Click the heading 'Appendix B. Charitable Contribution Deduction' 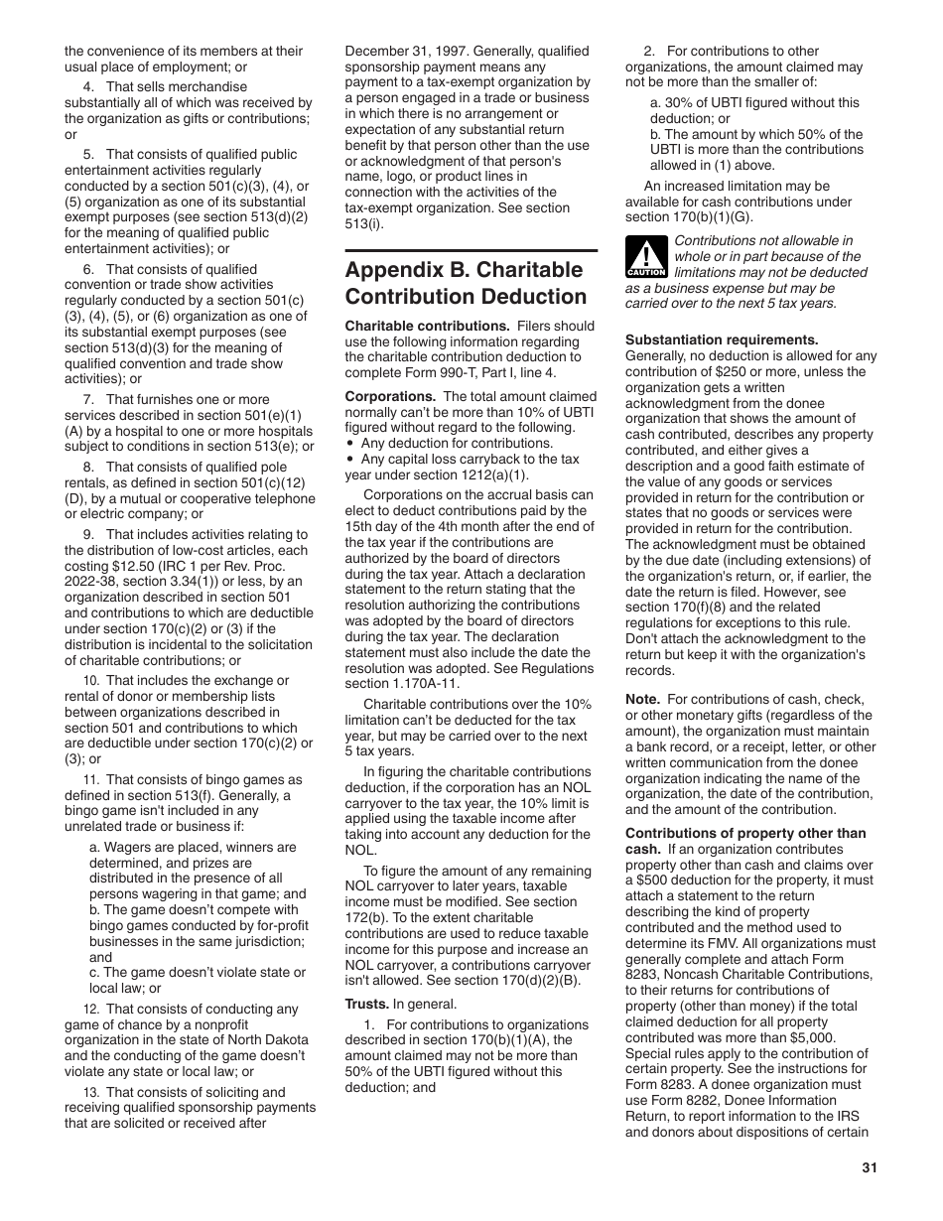pos(466,284)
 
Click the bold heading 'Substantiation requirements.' pos(722,339)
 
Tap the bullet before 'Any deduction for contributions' pos(350,444)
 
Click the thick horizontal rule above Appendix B pos(471,251)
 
